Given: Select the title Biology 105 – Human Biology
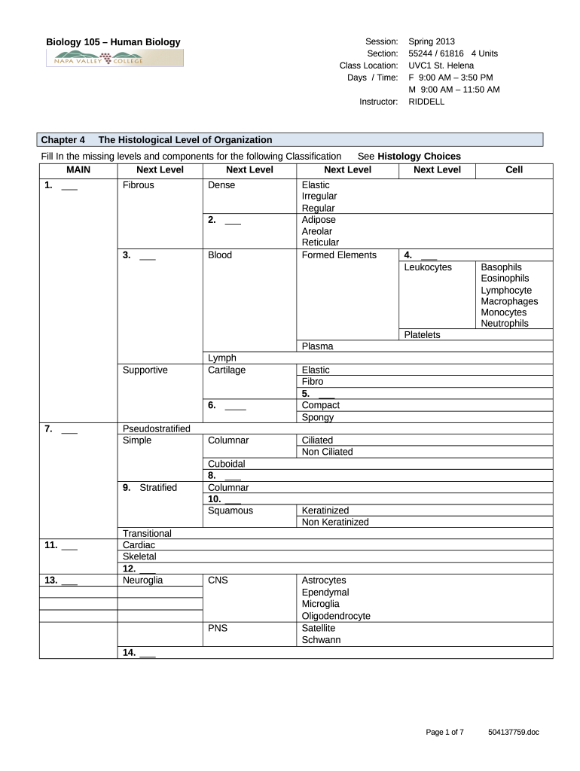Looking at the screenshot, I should coord(114,42).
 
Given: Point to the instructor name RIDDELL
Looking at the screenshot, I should coord(426,102).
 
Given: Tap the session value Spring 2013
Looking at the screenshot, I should coord(432,41).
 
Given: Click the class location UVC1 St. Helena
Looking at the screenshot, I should coord(441,66).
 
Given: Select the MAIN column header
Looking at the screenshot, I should coord(78,170).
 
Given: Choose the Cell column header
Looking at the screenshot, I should coord(514,170).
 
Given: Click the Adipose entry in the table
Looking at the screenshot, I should coord(319,220).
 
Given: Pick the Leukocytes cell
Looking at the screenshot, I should coord(428,267).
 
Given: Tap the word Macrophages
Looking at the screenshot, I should coord(509,301).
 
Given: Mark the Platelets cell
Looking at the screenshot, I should coord(422,335).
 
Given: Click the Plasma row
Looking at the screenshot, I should coord(317,346).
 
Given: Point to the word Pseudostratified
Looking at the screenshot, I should coord(156,428).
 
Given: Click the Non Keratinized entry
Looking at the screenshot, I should coord(335,522).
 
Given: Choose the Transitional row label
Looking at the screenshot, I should coord(147,533).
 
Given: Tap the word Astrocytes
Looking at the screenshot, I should coord(324,581).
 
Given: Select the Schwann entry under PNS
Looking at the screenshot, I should coord(321,640).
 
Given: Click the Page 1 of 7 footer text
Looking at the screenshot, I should coord(445,732).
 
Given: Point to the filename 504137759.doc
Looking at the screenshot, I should coord(514,732).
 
